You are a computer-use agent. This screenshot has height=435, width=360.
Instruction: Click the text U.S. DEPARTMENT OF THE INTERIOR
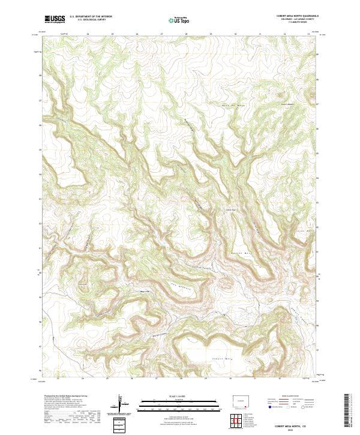91,17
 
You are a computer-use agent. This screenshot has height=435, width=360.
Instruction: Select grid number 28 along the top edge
186,34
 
